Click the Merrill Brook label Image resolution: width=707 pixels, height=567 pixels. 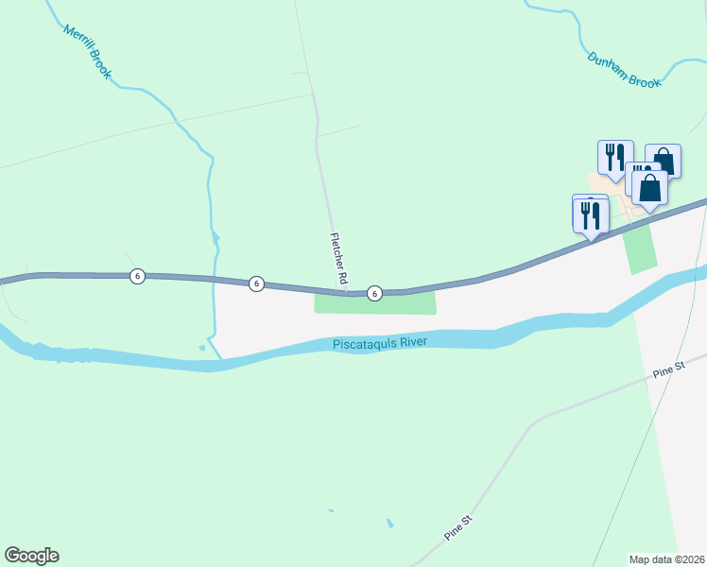(88, 51)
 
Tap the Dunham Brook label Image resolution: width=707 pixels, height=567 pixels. (624, 70)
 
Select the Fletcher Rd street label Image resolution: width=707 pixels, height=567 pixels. (338, 260)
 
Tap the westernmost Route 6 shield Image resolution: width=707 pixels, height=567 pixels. (138, 276)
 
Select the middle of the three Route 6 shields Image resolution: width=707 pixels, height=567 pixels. (256, 283)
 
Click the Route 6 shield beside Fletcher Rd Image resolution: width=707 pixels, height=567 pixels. (374, 294)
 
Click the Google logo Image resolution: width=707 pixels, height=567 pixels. (31, 556)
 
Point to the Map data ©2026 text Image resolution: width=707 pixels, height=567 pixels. (667, 558)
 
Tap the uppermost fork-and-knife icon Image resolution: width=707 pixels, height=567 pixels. (615, 157)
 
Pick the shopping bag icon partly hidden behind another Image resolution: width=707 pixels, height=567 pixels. (664, 158)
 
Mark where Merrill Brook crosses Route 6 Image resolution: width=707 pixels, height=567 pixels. (217, 281)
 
